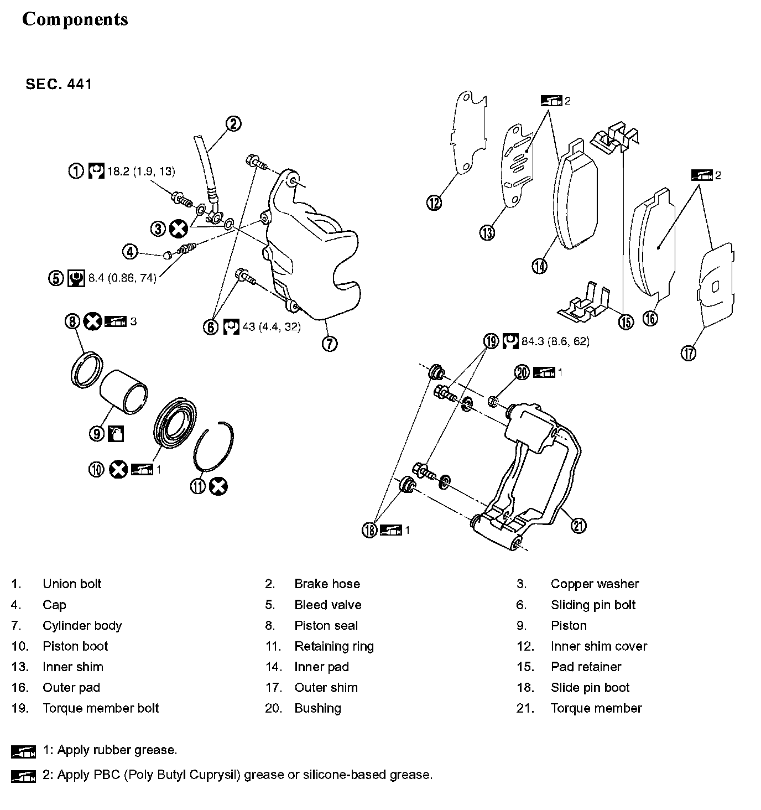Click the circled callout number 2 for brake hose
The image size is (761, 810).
[233, 123]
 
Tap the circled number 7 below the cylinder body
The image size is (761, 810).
[329, 344]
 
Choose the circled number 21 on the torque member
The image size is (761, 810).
[578, 525]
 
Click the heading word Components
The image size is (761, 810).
[75, 19]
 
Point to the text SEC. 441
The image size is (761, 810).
[59, 84]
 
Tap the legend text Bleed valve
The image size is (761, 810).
[327, 605]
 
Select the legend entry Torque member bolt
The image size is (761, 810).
[101, 708]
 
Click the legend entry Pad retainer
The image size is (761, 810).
[586, 667]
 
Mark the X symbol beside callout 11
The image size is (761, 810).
[219, 486]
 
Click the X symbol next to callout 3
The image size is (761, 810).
[178, 228]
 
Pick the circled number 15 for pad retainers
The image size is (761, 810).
[626, 321]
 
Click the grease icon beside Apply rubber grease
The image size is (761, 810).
[23, 751]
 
